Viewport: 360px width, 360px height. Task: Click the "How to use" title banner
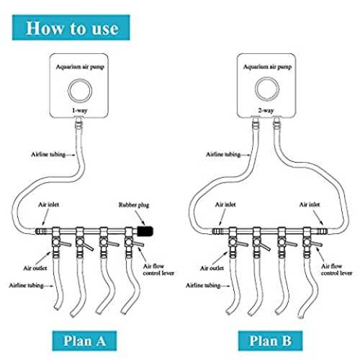click(71, 27)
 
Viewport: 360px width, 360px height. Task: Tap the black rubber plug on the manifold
click(145, 231)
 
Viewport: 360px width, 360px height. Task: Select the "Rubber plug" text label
click(134, 205)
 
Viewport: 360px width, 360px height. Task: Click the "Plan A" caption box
click(84, 341)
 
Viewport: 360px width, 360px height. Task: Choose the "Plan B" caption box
click(270, 341)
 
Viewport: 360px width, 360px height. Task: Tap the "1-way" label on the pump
click(80, 110)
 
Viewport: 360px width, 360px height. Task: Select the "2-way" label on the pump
click(266, 110)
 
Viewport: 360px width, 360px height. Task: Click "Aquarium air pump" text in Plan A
click(80, 67)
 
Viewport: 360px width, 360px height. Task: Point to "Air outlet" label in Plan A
click(35, 268)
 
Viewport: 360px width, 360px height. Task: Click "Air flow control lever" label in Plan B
click(336, 269)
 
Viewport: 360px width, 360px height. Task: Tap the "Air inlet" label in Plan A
click(49, 204)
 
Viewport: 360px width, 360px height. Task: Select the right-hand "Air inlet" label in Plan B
click(310, 204)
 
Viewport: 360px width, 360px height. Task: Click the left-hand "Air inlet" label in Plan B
click(225, 204)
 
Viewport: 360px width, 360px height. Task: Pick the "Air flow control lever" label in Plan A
click(158, 269)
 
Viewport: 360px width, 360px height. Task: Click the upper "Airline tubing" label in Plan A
click(48, 154)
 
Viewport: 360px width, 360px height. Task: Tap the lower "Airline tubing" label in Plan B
click(203, 285)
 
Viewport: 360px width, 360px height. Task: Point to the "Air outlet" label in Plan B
click(212, 268)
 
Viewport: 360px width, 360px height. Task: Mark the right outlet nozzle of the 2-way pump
click(276, 123)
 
